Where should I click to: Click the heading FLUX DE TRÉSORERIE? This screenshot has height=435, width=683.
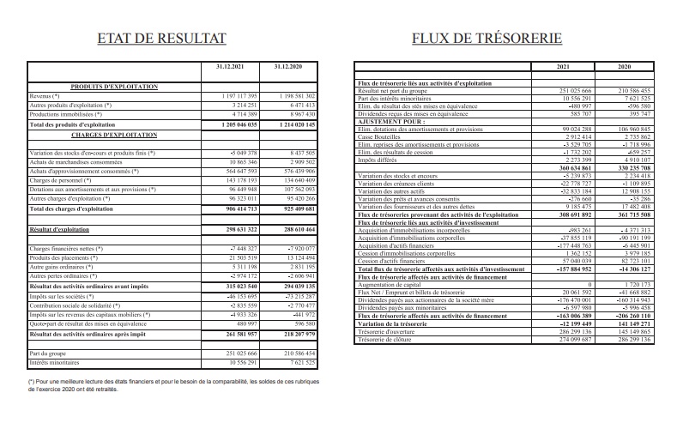pos(487,38)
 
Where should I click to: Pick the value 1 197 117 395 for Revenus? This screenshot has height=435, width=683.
pos(227,96)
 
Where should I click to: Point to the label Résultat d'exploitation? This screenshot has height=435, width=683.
pos(63,230)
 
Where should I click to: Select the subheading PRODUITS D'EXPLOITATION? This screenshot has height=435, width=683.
pos(113,87)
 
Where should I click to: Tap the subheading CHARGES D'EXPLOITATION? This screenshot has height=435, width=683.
pos(113,135)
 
